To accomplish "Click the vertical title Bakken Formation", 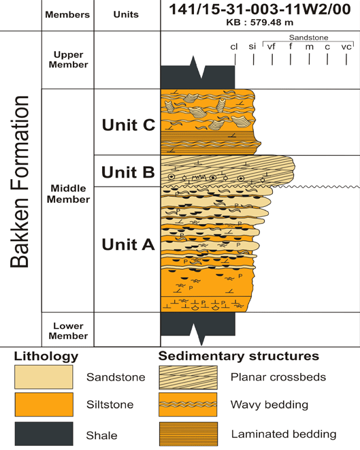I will (x=20, y=182).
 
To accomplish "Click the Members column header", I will (x=68, y=14).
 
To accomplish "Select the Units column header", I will (x=127, y=14).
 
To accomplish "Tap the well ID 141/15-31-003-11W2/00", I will (x=259, y=11).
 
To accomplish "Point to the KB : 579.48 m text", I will (x=259, y=22).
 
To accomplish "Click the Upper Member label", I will (x=68, y=60).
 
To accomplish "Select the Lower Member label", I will (x=68, y=331).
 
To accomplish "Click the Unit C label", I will (x=129, y=125).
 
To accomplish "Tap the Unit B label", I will (x=129, y=172).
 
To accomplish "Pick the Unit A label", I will (x=129, y=244).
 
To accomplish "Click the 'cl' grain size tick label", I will (x=234, y=46).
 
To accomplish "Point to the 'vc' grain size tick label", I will (x=346, y=46).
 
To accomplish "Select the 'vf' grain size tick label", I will (x=272, y=46).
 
